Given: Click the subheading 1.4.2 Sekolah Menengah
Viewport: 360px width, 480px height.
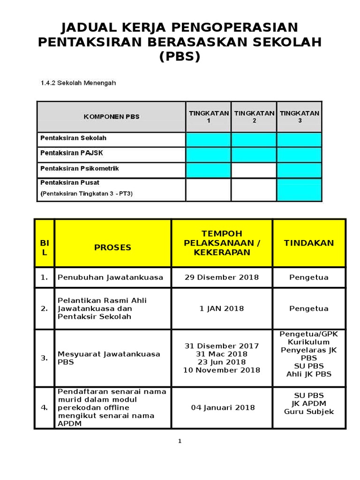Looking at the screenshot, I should click(78, 83).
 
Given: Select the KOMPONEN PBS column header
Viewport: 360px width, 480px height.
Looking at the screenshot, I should click(112, 117).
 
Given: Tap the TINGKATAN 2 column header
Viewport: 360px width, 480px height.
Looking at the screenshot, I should click(254, 117).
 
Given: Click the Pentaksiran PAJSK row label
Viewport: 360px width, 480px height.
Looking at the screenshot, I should click(71, 153).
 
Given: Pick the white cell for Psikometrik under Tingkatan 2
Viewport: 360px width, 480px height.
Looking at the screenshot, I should click(254, 170).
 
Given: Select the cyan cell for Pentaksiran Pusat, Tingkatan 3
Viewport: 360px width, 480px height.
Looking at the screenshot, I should click(299, 189).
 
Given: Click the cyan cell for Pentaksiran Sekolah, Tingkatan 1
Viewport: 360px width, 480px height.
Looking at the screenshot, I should click(209, 139).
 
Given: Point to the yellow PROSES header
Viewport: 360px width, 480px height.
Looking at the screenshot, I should click(112, 247).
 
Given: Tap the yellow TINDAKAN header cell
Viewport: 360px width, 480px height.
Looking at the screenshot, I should click(309, 243).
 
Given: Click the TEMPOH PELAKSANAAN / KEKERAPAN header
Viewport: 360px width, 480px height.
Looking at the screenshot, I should click(222, 243).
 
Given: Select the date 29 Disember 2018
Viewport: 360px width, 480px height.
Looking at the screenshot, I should click(222, 277).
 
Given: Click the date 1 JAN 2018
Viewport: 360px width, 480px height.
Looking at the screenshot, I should click(222, 308).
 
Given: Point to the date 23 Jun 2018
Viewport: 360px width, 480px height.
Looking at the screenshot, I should click(222, 362).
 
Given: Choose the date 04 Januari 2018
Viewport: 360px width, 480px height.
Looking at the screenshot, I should click(223, 407).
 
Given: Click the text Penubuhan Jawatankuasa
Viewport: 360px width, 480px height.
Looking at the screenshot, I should click(110, 277).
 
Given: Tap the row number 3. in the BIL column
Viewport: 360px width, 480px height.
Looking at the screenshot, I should click(44, 358).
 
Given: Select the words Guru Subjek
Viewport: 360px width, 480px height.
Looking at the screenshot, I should click(309, 412).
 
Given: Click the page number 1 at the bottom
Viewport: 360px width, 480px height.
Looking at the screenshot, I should click(180, 441).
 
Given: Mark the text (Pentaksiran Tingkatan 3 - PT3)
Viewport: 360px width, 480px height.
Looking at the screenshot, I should click(87, 193).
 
